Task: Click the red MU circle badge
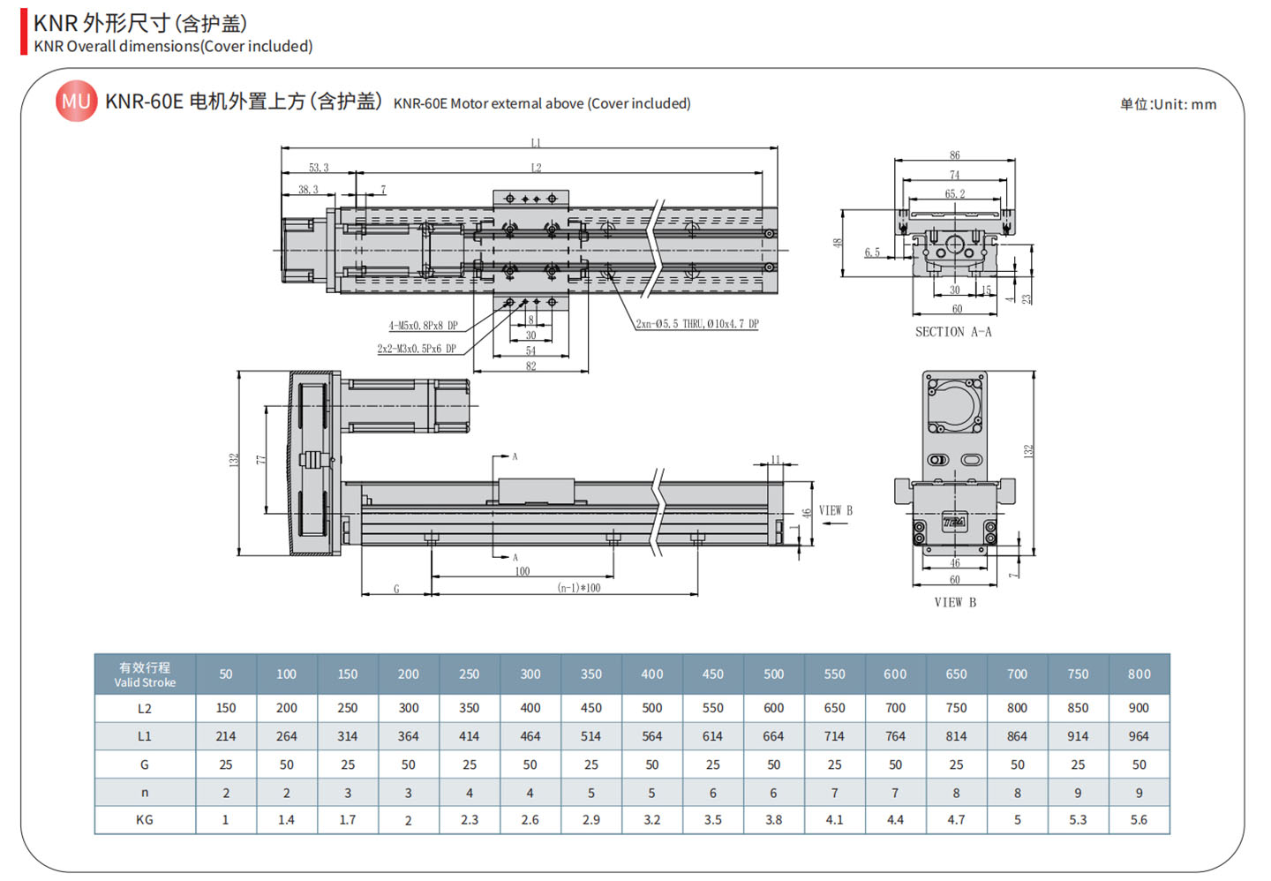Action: click(76, 102)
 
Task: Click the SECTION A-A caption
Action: click(953, 332)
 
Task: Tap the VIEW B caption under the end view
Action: click(955, 602)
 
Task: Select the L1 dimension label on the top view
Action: click(536, 142)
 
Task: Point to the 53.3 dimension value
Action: click(319, 168)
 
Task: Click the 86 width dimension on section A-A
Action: click(955, 155)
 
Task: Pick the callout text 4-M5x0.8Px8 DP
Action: click(424, 326)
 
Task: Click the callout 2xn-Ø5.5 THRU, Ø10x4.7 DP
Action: click(696, 324)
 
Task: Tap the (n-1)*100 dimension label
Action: click(579, 588)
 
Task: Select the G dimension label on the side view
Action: click(396, 589)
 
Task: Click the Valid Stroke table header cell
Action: click(145, 674)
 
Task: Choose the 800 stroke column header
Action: click(1139, 674)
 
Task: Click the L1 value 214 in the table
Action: click(226, 736)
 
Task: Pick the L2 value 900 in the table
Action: click(1139, 708)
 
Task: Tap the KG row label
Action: click(145, 820)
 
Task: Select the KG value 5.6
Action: click(1139, 820)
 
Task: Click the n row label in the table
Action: click(145, 793)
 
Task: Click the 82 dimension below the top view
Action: click(530, 365)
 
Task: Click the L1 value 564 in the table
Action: click(651, 736)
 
